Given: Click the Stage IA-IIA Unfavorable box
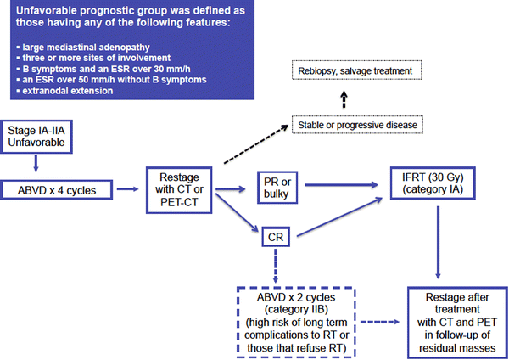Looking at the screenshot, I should click(x=35, y=137).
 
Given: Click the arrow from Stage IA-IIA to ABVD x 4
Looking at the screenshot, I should click(x=35, y=164).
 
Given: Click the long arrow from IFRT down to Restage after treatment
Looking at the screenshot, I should click(x=438, y=245).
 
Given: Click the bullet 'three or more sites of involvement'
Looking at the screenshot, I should click(x=86, y=56).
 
